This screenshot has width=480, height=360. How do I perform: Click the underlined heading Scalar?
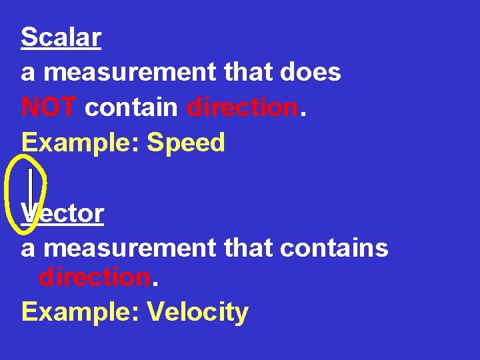point(61,37)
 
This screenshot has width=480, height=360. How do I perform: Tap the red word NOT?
point(49,107)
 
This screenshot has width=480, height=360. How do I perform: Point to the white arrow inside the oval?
point(31,193)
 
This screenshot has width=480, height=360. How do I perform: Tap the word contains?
point(334,248)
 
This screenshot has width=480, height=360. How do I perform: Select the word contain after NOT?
point(131,107)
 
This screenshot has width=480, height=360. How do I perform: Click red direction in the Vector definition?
point(94,277)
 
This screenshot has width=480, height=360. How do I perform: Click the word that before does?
point(245,72)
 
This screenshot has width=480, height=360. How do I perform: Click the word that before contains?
point(245,248)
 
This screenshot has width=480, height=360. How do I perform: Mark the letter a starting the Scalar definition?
point(28,73)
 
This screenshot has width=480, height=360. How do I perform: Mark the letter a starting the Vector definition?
point(28,249)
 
